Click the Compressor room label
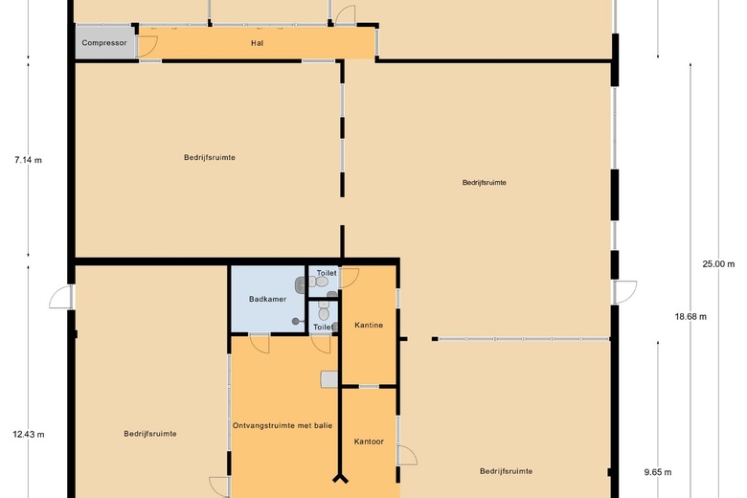[x=103, y=43]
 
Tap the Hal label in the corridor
[x=258, y=43]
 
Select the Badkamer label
[x=267, y=299]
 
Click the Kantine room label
[x=369, y=325]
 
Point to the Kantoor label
[x=369, y=441]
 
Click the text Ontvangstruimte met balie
[x=283, y=425]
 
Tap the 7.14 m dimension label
[x=28, y=160]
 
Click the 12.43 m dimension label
[x=29, y=435]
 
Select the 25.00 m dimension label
[x=718, y=264]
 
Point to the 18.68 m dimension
[x=690, y=316]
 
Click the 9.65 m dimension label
[x=658, y=473]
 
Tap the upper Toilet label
[x=327, y=273]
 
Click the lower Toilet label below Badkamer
[x=323, y=328]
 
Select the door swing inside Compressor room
[x=147, y=46]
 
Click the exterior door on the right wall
[x=625, y=292]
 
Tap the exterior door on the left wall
[x=61, y=297]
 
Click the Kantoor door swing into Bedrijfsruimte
[x=407, y=455]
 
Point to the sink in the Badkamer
[x=301, y=285]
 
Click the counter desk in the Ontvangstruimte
[x=329, y=380]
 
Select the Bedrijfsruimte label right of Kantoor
[x=506, y=471]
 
